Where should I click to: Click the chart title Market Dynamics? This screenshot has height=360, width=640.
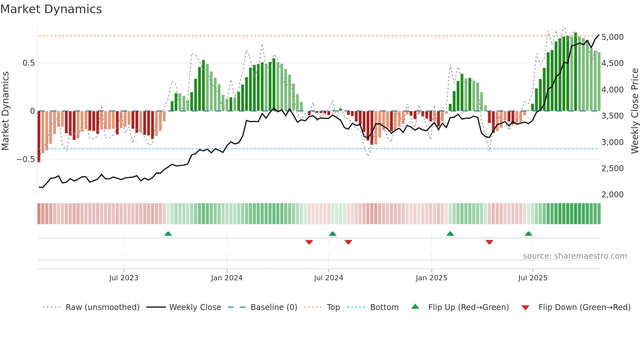(51, 9)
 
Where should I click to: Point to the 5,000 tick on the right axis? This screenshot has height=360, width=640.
(612, 37)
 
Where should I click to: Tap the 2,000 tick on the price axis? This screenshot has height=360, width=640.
(612, 195)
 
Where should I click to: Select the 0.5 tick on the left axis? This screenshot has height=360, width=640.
(28, 63)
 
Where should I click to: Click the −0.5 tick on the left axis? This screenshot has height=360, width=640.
(25, 159)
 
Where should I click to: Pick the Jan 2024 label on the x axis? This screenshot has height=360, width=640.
(227, 278)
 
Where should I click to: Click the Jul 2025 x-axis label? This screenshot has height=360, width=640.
(533, 278)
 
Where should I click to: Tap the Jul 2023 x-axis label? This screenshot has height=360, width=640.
(124, 278)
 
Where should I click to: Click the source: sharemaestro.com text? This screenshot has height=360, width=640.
(575, 256)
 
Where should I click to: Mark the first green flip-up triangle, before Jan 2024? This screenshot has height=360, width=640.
(168, 234)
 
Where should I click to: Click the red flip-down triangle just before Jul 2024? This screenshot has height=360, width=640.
(309, 242)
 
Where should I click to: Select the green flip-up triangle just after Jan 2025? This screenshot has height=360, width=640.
(450, 234)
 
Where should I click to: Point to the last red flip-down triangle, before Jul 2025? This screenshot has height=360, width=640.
(489, 242)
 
